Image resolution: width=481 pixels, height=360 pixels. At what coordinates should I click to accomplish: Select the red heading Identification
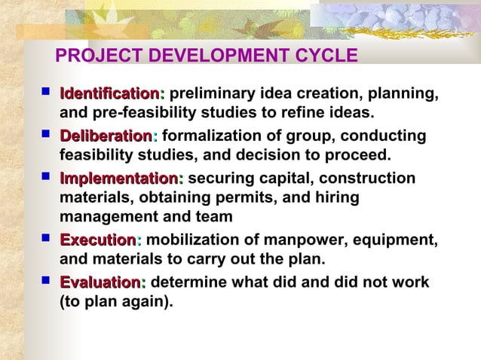[109, 94]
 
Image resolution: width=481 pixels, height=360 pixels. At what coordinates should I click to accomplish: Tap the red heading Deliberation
[106, 136]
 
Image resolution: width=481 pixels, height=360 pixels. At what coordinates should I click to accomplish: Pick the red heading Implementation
[118, 178]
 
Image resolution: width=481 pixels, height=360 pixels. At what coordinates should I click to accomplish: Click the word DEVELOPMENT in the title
[213, 56]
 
